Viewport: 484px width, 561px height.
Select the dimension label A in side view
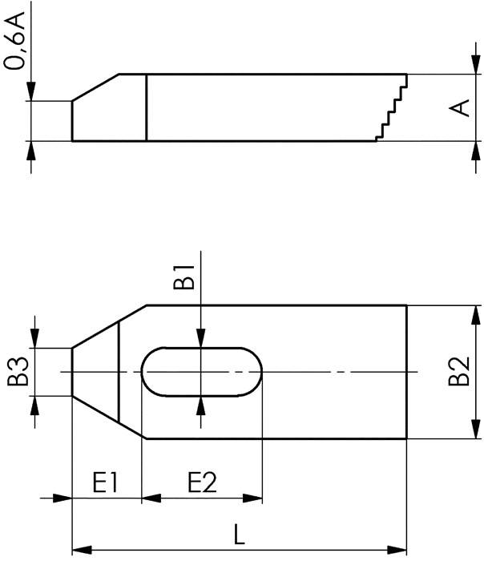tap(460, 107)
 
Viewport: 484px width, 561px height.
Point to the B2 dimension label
tap(458, 372)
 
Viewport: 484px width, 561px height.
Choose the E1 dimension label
tap(106, 482)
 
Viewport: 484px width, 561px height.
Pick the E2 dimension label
tap(202, 482)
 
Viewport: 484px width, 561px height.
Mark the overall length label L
tap(239, 532)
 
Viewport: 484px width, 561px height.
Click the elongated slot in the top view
tap(202, 372)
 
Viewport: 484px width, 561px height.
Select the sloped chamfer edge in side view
tap(96, 87)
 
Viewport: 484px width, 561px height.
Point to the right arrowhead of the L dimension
tap(400, 550)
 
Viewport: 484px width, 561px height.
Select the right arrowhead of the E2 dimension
tap(256, 498)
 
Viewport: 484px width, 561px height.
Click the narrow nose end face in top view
tap(72, 372)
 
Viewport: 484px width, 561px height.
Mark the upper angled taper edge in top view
tap(108, 326)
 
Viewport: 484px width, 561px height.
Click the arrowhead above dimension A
tap(470, 67)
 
